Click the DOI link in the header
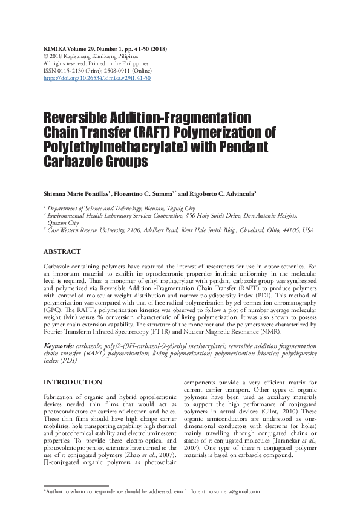(97, 78)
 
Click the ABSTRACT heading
(63, 251)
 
